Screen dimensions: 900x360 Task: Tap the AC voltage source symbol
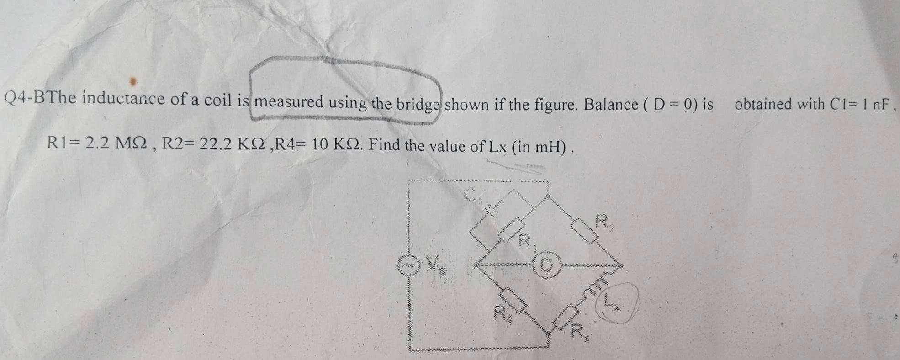pos(408,265)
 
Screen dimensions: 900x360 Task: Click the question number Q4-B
pos(26,97)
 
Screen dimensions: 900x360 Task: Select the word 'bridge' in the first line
pos(418,105)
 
